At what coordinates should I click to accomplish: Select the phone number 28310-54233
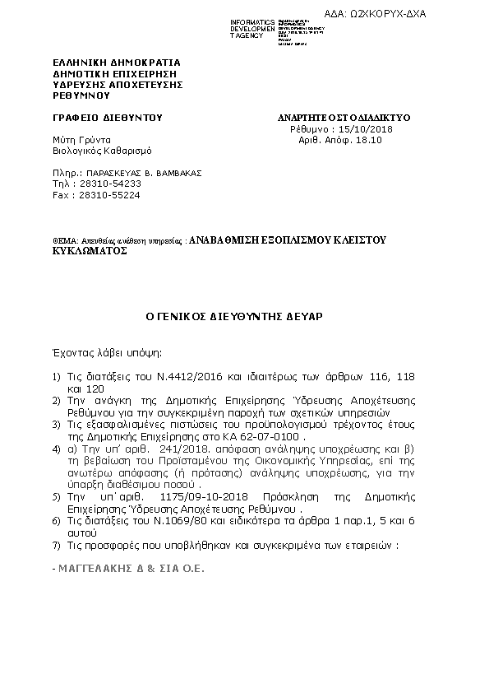[94, 184]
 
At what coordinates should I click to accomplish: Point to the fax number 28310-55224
[94, 195]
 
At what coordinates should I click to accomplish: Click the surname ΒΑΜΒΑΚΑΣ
[173, 173]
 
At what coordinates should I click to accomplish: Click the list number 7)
[56, 545]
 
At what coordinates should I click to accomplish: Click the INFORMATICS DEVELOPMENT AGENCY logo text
[254, 28]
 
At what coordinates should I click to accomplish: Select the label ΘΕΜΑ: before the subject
[66, 240]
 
